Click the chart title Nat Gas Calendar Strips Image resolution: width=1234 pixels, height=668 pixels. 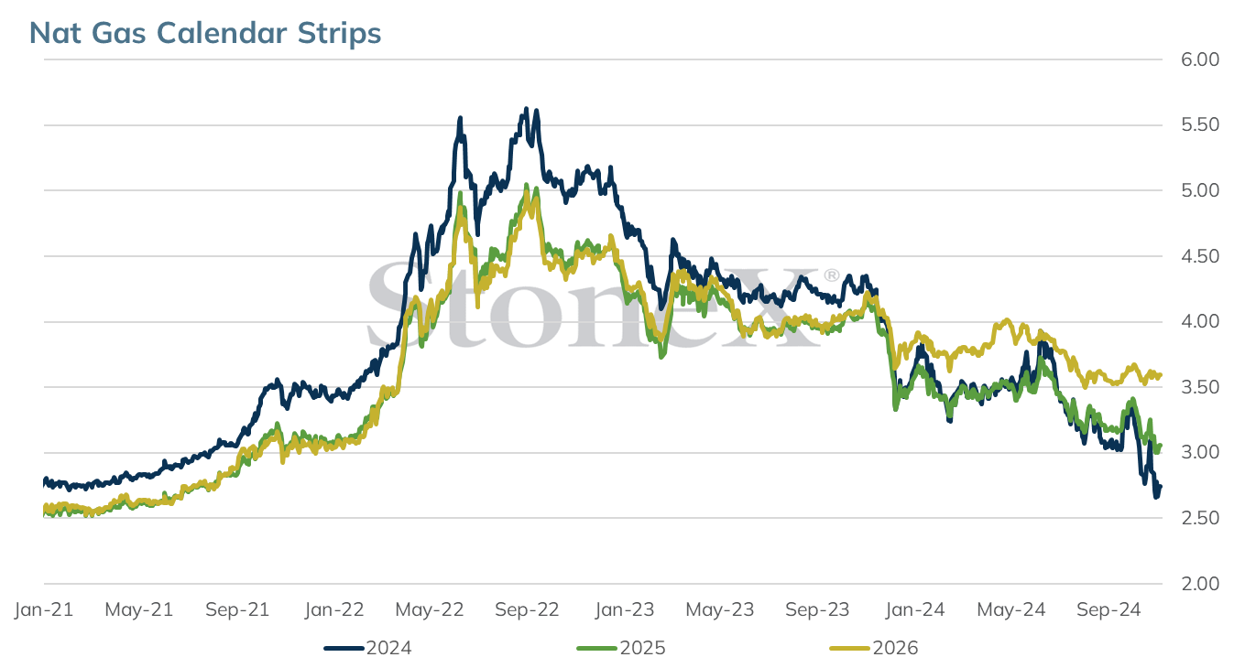point(205,33)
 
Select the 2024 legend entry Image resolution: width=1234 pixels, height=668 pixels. point(367,648)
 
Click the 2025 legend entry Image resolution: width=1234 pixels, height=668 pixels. point(621,648)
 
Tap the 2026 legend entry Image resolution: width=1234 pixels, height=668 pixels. point(874,648)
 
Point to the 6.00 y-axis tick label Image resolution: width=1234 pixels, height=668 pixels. point(1200,59)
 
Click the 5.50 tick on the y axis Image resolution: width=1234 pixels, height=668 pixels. point(1200,124)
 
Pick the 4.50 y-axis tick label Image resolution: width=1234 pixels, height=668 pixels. point(1200,256)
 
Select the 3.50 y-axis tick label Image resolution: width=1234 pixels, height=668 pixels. point(1200,387)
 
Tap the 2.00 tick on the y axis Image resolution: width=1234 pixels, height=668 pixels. point(1200,583)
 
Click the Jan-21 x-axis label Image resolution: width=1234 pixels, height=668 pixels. point(44,609)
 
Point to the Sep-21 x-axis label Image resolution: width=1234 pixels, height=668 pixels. point(237,609)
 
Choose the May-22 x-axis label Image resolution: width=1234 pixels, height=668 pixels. point(430,609)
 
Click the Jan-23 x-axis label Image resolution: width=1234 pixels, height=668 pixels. point(624,609)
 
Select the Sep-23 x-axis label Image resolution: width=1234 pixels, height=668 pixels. point(817,609)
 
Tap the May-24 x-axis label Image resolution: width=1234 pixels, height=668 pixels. point(1010,609)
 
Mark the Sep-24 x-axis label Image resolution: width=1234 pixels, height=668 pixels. point(1108,609)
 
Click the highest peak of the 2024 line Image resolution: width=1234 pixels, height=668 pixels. point(527,109)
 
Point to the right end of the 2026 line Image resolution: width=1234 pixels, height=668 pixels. point(1161,375)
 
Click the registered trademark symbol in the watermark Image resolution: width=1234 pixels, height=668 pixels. point(831,275)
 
